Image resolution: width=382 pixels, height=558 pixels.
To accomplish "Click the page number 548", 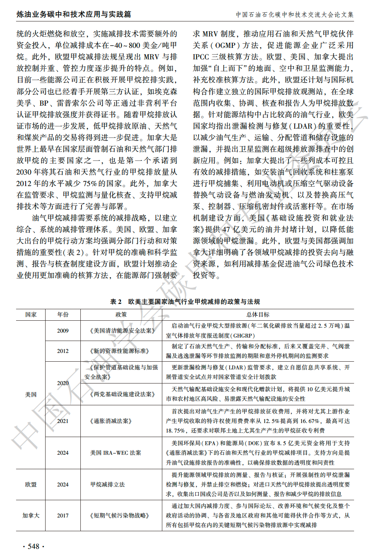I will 34,546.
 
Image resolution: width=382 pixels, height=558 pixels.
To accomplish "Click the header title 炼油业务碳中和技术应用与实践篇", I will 74,15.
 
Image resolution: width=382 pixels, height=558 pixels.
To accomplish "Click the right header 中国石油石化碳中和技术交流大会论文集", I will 294,15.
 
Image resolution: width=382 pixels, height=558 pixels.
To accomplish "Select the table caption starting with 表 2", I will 185,302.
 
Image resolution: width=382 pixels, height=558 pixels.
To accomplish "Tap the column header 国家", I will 31,315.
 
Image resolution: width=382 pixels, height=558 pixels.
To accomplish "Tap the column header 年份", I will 63,315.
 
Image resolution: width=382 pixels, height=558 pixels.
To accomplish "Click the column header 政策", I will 121,315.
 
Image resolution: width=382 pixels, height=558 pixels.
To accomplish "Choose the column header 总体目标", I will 258,315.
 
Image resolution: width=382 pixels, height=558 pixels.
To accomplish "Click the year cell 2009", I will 63,331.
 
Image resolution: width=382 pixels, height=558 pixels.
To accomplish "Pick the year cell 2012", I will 63,351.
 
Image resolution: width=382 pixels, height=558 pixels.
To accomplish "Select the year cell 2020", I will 63,383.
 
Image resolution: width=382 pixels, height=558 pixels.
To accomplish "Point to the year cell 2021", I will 63,421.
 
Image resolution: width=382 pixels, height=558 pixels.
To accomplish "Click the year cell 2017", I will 63,516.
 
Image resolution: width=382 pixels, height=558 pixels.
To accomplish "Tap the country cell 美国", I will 31,395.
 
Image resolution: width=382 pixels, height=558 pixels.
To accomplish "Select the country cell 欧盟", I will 31,485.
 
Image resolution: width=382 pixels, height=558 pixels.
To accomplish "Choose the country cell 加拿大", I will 31,516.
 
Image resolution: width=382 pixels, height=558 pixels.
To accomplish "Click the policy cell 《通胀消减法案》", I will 111,421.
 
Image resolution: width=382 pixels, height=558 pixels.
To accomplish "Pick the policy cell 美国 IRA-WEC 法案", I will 116,453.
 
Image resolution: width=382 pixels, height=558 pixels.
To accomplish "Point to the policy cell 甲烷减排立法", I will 108,485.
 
